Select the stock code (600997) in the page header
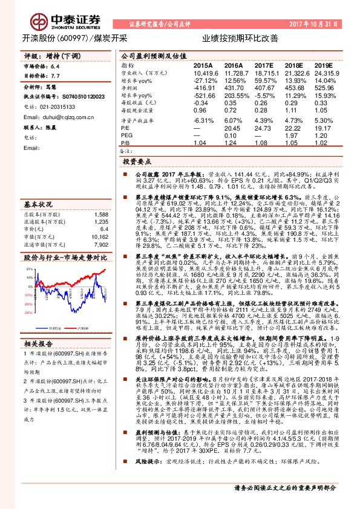[x=73, y=37]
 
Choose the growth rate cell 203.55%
[x=234, y=96]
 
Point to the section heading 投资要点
[x=136, y=163]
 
